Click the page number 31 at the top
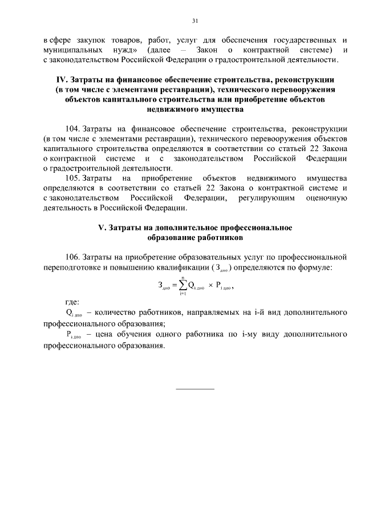point(194,21)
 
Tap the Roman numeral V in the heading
point(102,227)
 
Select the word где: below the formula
point(72,303)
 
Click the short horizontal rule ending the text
point(195,388)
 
